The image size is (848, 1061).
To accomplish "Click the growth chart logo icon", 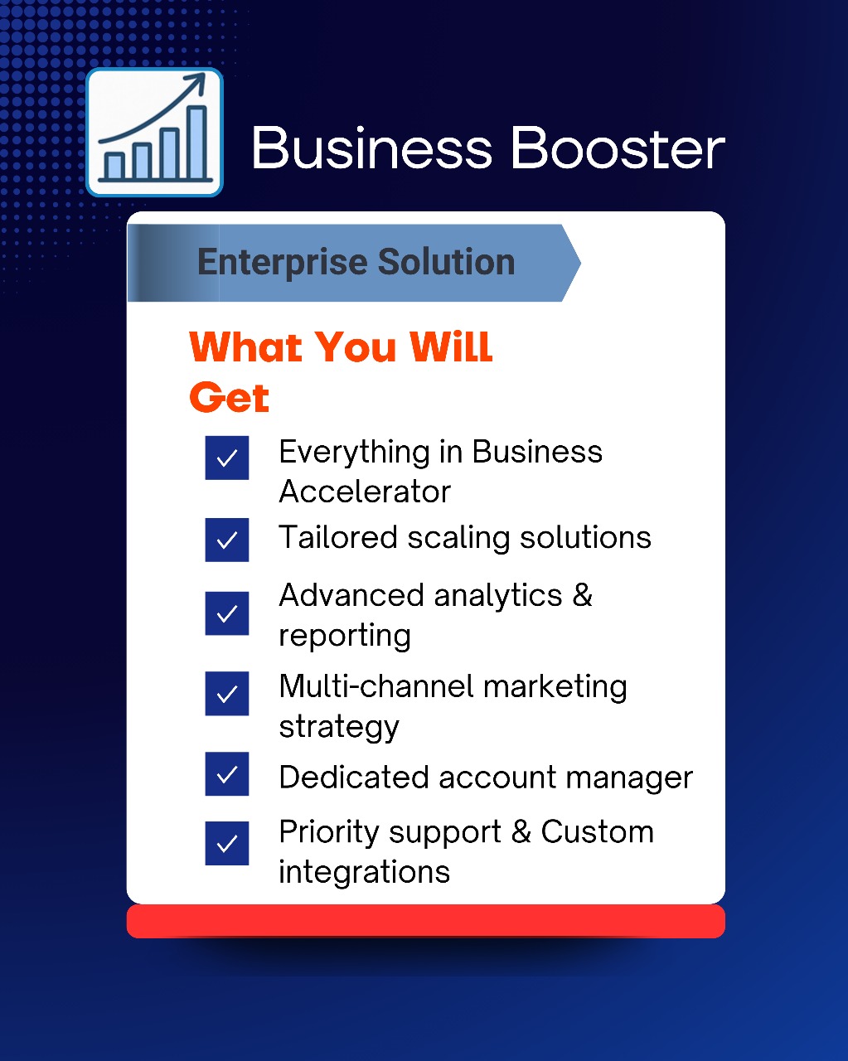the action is pyautogui.click(x=154, y=132).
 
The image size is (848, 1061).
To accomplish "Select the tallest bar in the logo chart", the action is pyautogui.click(x=197, y=142).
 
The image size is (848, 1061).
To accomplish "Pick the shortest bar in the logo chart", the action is pyautogui.click(x=115, y=166).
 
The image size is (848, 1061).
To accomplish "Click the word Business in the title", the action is pyautogui.click(x=372, y=148).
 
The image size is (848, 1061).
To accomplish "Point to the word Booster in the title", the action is pyautogui.click(x=618, y=148).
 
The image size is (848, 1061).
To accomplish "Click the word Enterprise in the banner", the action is pyautogui.click(x=283, y=263).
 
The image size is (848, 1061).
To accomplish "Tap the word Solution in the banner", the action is pyautogui.click(x=447, y=261).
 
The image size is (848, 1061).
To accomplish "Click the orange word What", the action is pyautogui.click(x=245, y=347).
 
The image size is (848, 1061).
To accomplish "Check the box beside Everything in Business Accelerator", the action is pyautogui.click(x=227, y=458).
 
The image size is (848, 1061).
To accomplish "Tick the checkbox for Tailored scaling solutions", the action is pyautogui.click(x=227, y=540).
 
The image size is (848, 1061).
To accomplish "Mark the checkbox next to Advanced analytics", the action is pyautogui.click(x=227, y=613).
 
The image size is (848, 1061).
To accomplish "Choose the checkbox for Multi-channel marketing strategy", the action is pyautogui.click(x=227, y=694).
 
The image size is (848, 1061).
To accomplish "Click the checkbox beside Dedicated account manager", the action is pyautogui.click(x=227, y=774).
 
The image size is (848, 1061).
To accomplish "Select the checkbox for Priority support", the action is pyautogui.click(x=227, y=844).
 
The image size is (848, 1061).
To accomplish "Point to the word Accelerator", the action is pyautogui.click(x=365, y=492).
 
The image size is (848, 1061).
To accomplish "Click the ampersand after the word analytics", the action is pyautogui.click(x=582, y=594).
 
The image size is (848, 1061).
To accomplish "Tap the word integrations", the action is pyautogui.click(x=365, y=872).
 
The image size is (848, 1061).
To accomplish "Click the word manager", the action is pyautogui.click(x=629, y=779).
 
